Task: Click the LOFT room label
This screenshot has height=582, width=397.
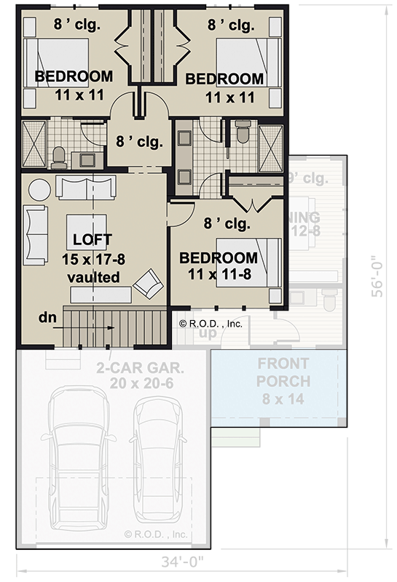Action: click(x=93, y=239)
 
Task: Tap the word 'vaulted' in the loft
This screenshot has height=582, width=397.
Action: click(x=93, y=278)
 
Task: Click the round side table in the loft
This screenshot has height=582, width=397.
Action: click(x=39, y=188)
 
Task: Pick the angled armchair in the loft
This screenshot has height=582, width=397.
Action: click(x=152, y=283)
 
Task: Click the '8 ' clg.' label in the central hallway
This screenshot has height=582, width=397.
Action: click(x=139, y=140)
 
